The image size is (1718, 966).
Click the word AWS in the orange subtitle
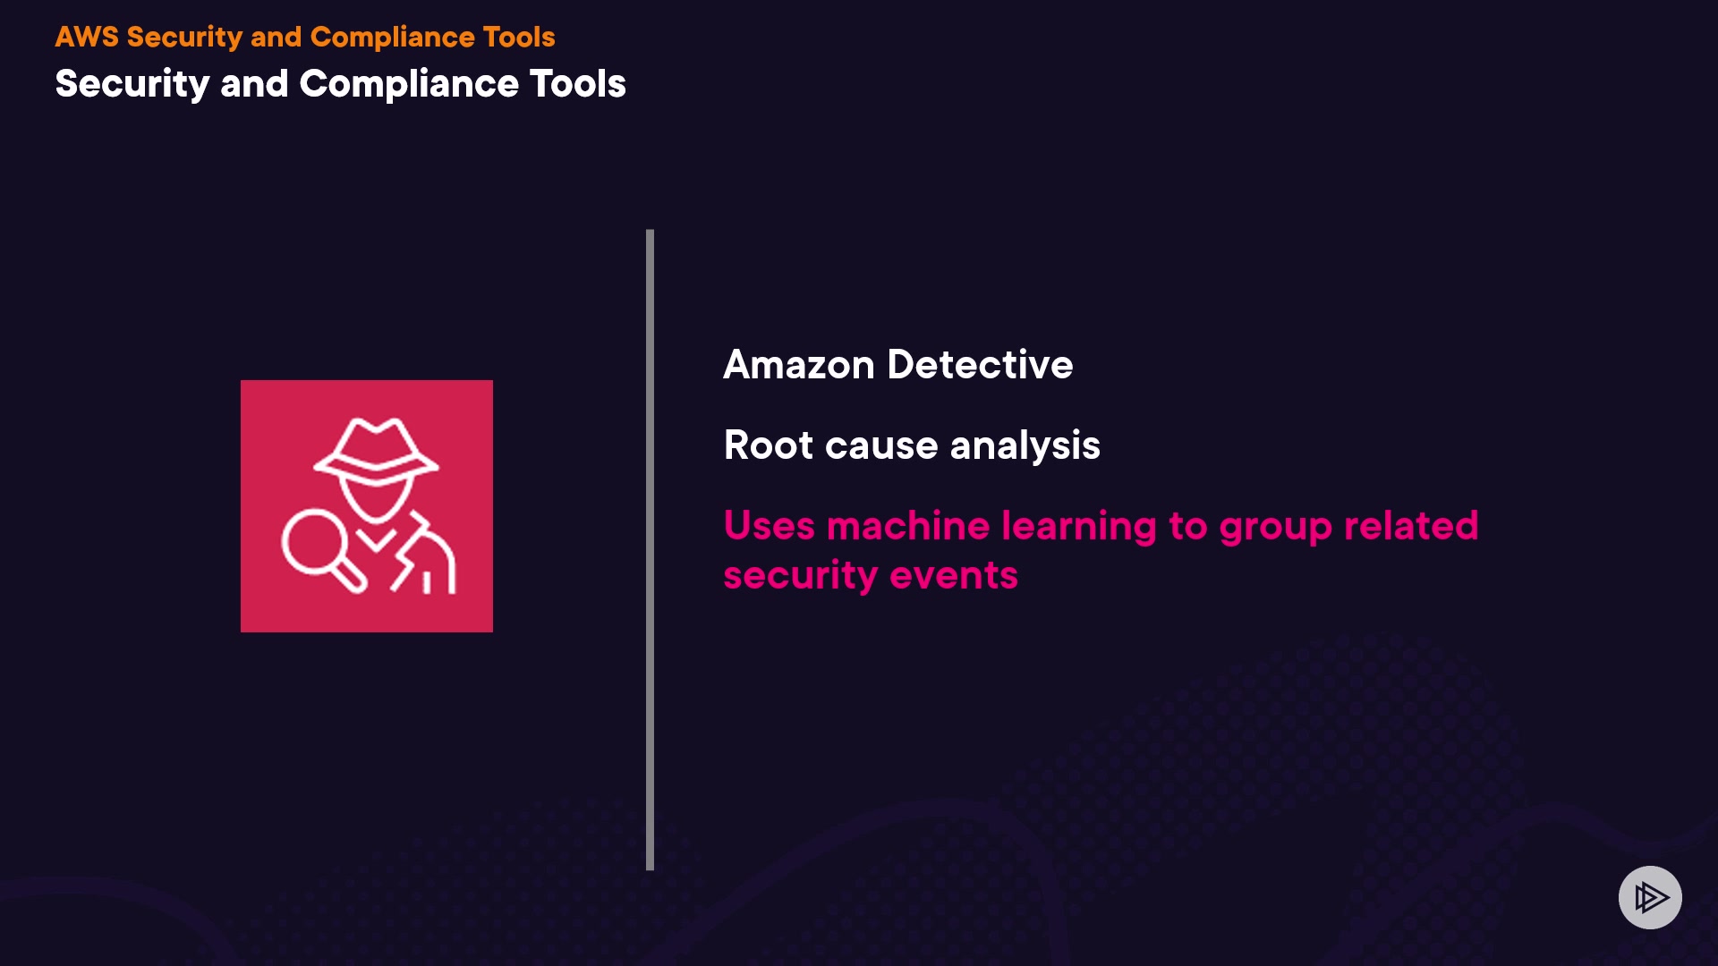coord(87,37)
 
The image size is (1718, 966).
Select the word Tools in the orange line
coord(518,37)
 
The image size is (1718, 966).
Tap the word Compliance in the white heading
coord(409,84)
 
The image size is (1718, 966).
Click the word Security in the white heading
coord(132,84)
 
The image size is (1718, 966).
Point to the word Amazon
coord(798,365)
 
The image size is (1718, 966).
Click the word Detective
coord(980,365)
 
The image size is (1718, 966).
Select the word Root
coord(768,445)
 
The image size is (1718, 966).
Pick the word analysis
coord(1025,445)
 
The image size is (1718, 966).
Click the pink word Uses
coord(769,526)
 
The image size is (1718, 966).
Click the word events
coord(954,575)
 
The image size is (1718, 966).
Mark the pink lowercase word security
coord(800,575)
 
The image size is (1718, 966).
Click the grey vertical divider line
coord(650,549)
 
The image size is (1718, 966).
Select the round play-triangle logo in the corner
coord(1650,897)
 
